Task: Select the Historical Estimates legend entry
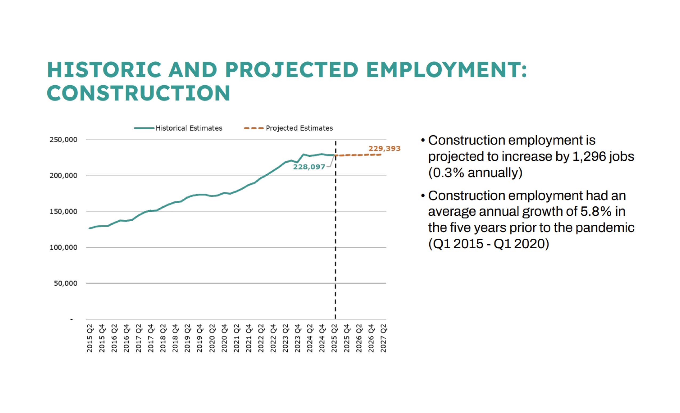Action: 189,128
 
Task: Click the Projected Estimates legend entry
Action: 299,128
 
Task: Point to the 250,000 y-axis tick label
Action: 63,140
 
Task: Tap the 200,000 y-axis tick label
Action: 63,176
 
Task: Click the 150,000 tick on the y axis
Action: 63,212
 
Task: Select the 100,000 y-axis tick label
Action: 63,247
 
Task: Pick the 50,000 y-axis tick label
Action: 66,283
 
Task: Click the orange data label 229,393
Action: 384,149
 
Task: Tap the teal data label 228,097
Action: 309,167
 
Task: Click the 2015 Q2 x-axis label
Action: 90,338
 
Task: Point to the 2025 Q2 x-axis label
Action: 334,338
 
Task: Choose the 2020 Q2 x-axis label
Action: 212,338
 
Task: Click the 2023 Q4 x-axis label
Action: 298,338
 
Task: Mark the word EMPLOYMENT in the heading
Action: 446,70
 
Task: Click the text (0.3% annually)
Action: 475,173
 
